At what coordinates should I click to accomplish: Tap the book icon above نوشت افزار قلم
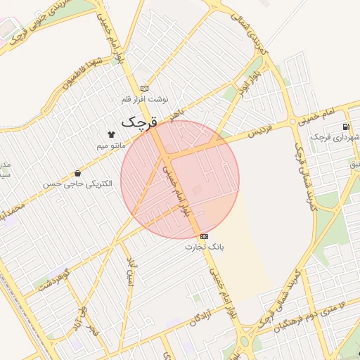tap(145, 89)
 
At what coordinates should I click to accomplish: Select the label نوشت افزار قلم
tap(145, 100)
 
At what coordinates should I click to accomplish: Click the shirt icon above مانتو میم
tap(110, 133)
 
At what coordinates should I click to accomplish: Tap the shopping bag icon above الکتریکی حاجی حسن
tap(77, 173)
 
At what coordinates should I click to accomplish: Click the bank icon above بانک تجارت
tap(204, 236)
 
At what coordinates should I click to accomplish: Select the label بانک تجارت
tap(204, 247)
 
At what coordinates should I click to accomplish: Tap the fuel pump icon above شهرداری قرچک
tap(345, 127)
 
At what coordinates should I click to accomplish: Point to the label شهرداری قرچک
tap(337, 138)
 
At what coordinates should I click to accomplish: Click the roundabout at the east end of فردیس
tap(293, 122)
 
